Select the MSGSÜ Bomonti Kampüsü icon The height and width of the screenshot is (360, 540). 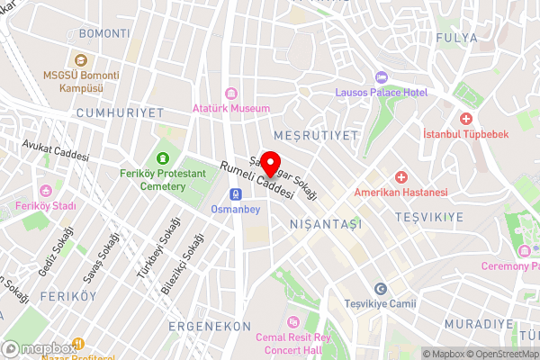tap(80, 60)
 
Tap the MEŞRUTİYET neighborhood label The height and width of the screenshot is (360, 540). tap(316, 134)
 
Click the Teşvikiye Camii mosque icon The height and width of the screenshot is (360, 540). tap(380, 288)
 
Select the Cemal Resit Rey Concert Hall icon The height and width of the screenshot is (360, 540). tap(292, 321)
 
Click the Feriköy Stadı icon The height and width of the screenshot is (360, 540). tap(46, 189)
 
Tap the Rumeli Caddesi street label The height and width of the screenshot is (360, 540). tap(258, 179)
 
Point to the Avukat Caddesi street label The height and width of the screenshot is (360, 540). tap(56, 149)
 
